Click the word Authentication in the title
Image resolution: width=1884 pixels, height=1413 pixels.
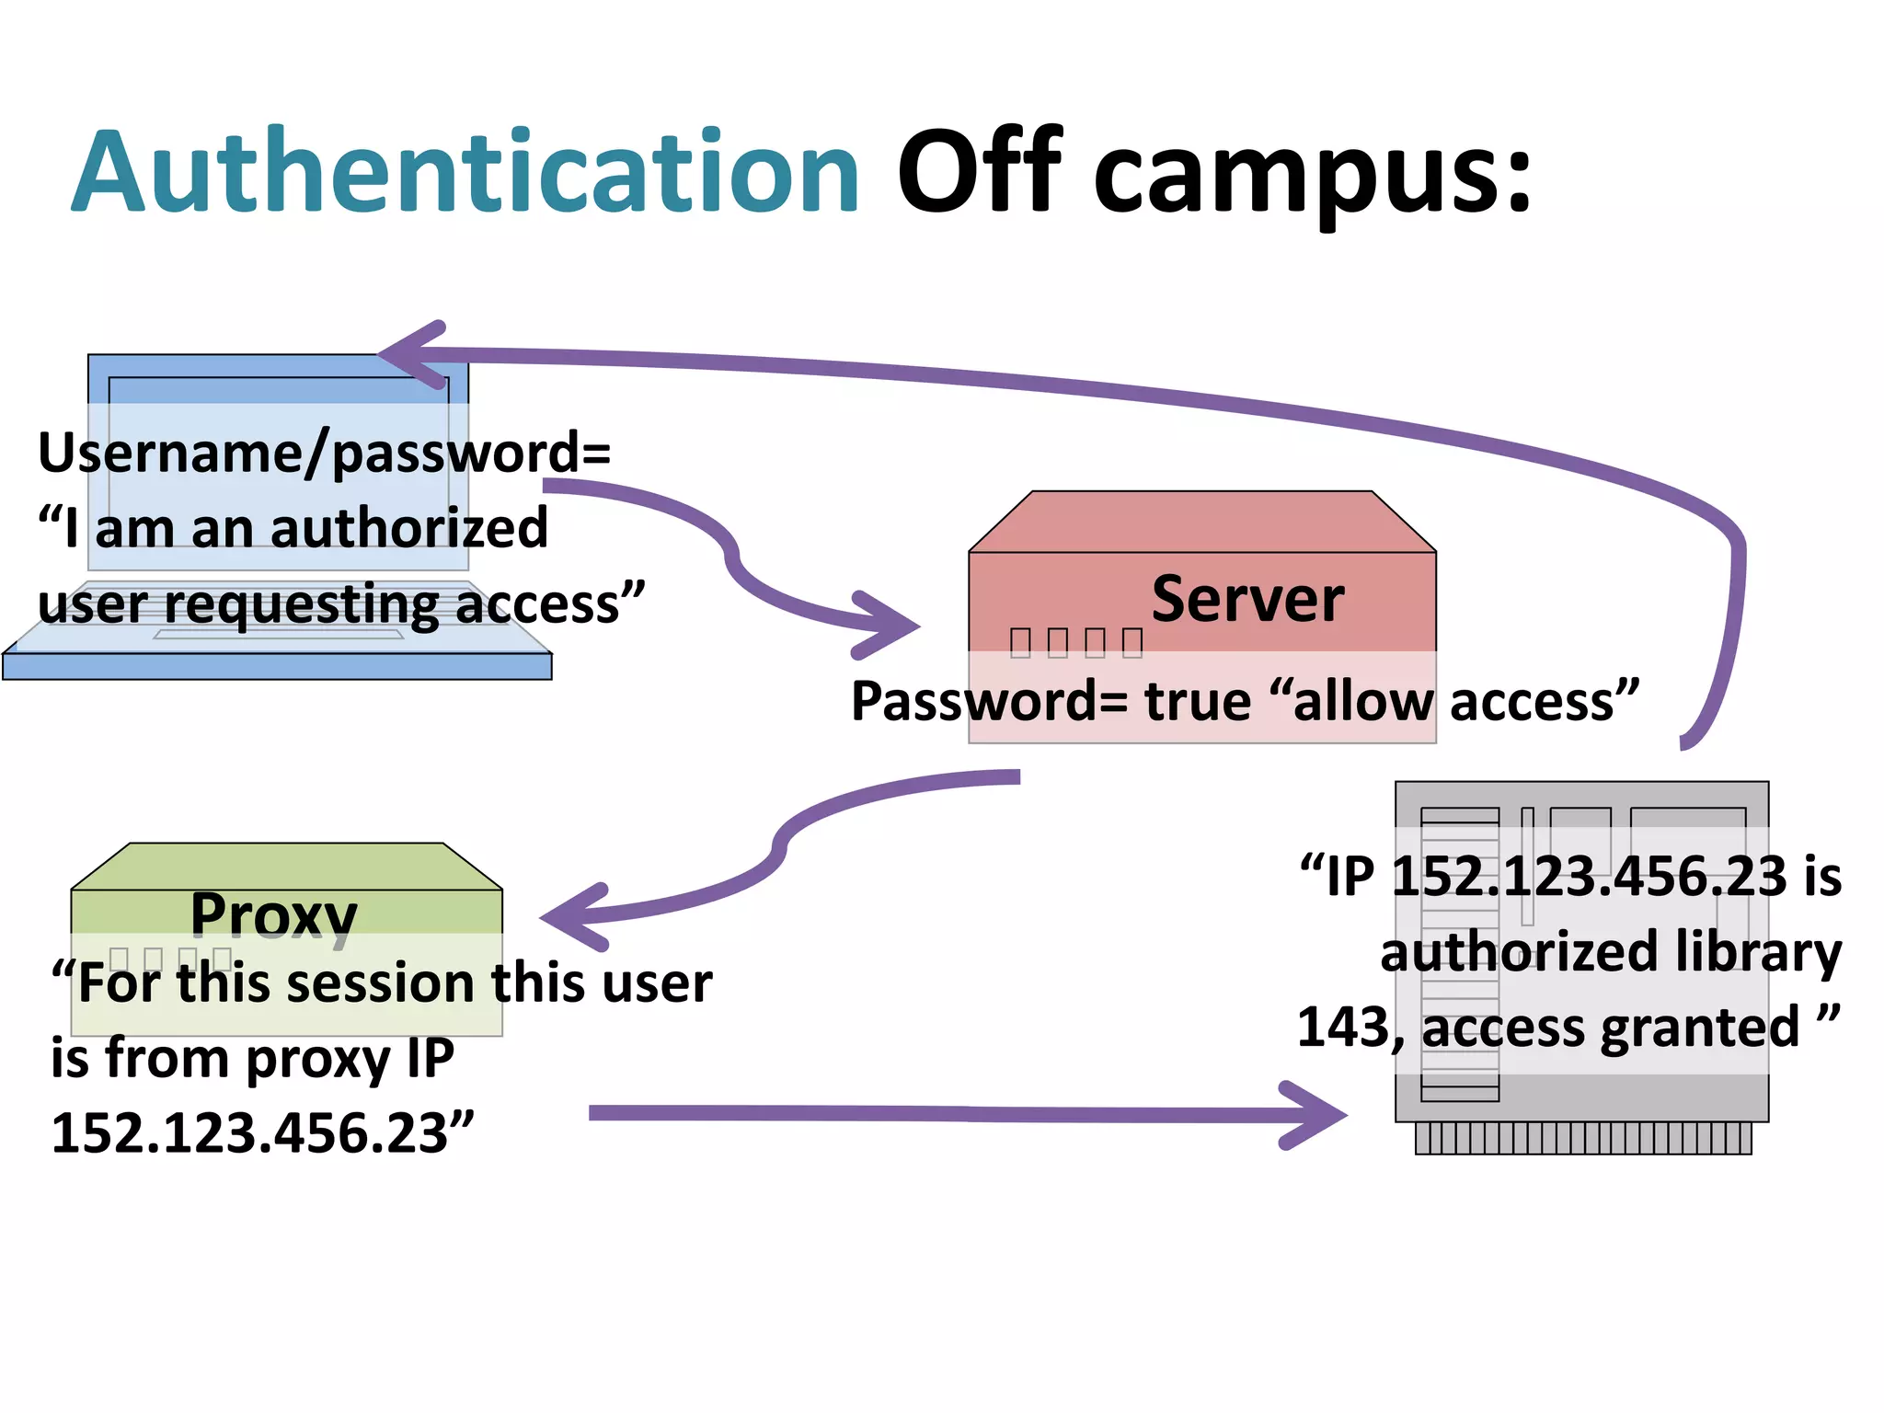click(x=465, y=173)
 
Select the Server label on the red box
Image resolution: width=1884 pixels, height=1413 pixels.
click(x=1247, y=600)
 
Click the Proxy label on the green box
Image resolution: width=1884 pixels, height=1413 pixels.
click(x=274, y=915)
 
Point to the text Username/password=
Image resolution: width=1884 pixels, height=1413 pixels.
click(x=324, y=453)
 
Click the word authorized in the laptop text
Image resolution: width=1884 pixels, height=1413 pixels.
click(x=408, y=529)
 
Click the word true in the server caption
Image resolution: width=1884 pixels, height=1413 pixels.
click(x=1198, y=702)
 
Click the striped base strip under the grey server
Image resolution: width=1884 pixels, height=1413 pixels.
click(x=1582, y=1138)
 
